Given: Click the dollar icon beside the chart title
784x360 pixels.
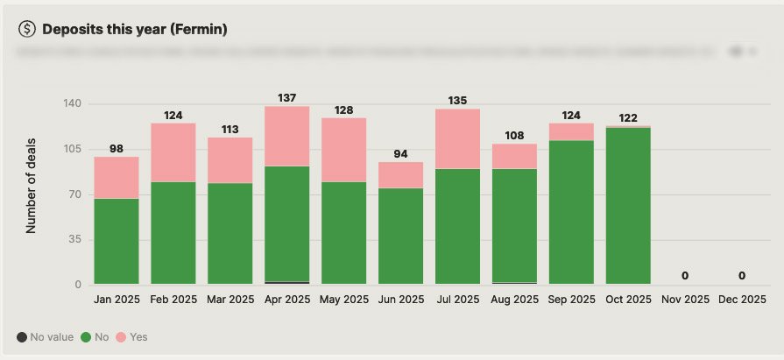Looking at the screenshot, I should click(x=27, y=29).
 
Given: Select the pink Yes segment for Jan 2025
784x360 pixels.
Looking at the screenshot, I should click(x=117, y=177).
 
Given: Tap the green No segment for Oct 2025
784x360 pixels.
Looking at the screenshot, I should click(x=629, y=206).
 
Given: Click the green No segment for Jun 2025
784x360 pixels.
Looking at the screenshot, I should click(x=401, y=236).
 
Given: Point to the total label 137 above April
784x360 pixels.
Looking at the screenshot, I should click(x=287, y=97).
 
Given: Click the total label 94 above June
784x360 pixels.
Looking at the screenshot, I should click(x=401, y=153).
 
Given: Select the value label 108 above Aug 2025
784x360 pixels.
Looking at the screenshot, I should click(x=515, y=136).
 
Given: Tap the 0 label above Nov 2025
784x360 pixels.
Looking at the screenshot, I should click(x=685, y=275).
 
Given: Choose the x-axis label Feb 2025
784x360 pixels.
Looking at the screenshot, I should click(x=173, y=300).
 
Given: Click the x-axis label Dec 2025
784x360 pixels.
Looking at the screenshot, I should click(x=742, y=300).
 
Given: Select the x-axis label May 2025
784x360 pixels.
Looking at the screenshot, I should click(x=344, y=300).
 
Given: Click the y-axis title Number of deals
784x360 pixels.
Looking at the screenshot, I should click(x=31, y=194).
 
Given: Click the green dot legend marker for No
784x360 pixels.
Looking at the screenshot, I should click(x=87, y=336).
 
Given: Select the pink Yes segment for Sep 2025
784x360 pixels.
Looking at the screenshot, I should click(x=572, y=131).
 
